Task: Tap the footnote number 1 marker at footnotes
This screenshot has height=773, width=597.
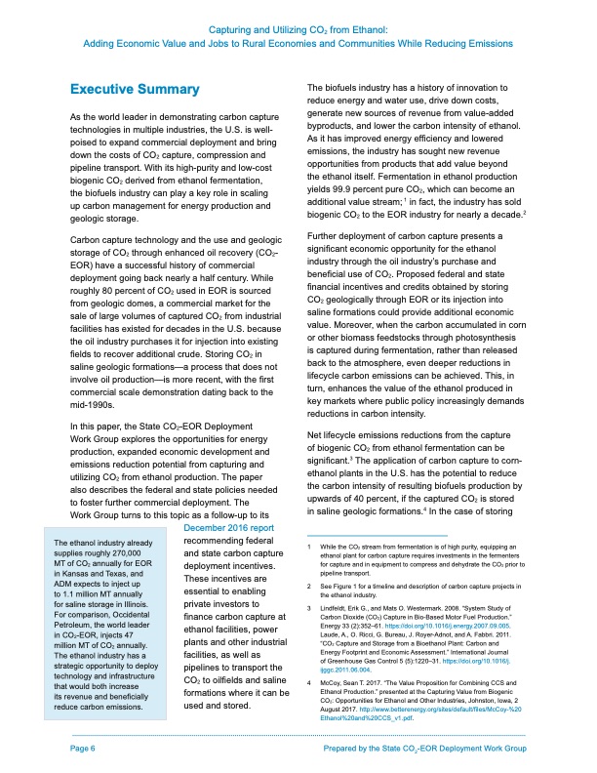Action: pyautogui.click(x=308, y=549)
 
